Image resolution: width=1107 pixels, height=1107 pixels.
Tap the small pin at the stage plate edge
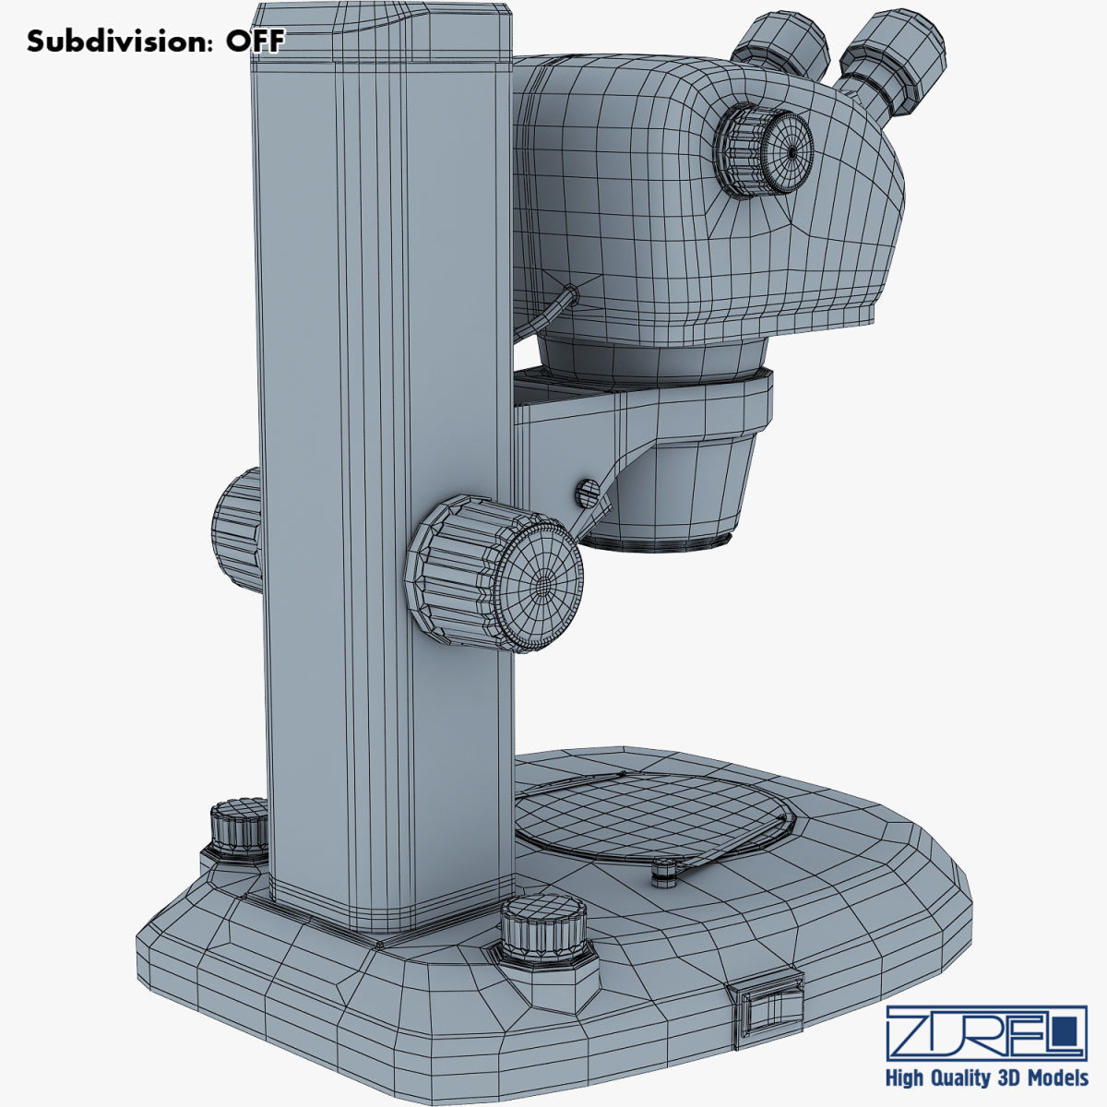coord(665,872)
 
